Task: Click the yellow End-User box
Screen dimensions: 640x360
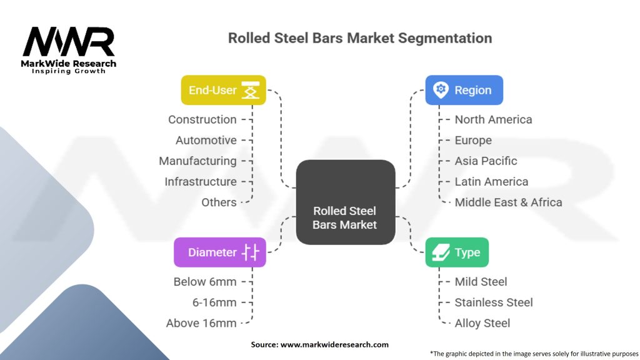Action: pos(223,90)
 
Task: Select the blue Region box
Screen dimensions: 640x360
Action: pos(464,90)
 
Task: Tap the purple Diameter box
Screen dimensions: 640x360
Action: pos(219,252)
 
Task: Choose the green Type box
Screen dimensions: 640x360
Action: pos(457,252)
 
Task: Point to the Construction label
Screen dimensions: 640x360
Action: pos(202,119)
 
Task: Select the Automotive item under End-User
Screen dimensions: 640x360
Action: pos(206,140)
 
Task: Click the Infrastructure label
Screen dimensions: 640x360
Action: pos(201,181)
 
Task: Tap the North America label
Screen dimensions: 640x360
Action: pos(493,119)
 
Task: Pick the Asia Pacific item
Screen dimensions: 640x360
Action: pos(486,161)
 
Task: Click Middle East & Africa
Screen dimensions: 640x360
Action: pos(508,202)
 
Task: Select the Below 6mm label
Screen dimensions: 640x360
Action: pos(205,282)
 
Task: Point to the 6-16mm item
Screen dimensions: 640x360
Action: pos(214,302)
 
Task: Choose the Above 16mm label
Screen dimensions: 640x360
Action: pos(201,323)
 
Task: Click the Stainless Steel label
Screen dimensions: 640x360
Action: pos(494,302)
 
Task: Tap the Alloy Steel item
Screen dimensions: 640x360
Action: pos(482,323)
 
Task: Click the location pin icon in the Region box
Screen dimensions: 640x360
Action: pos(441,90)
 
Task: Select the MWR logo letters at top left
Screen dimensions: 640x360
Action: pos(69,42)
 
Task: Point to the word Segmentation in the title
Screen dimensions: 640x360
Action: pos(443,38)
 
